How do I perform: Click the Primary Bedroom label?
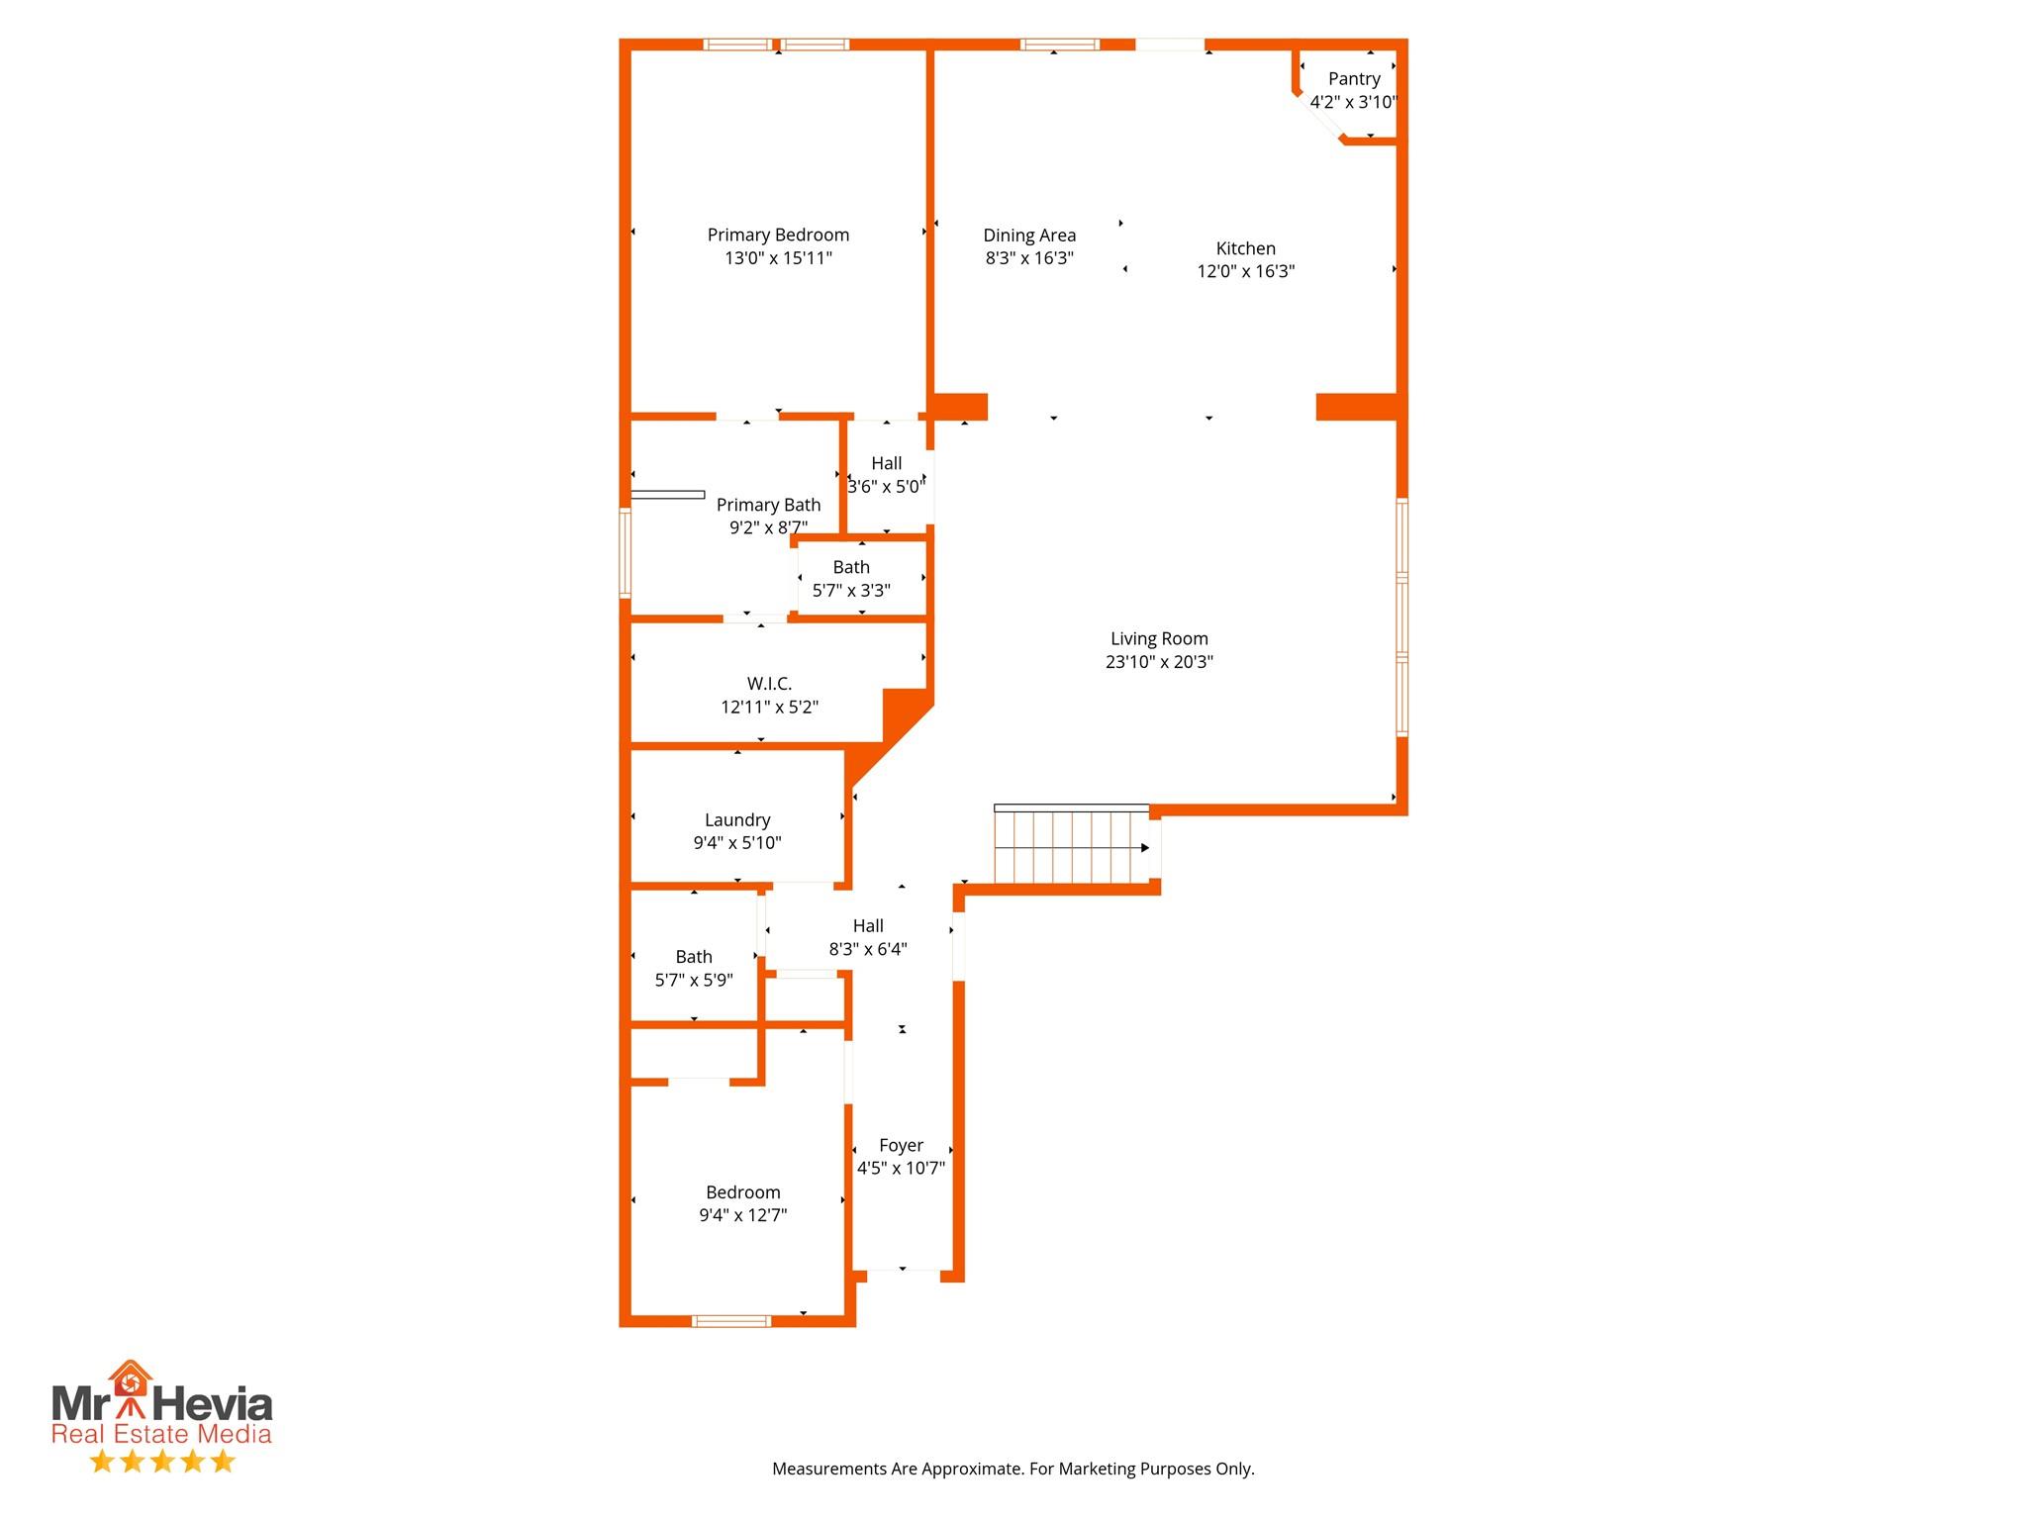tap(778, 236)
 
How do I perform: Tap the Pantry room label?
tap(1354, 79)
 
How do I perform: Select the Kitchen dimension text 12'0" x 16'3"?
tap(1245, 271)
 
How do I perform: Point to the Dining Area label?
tap(1029, 236)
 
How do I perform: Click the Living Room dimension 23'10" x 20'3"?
tap(1159, 662)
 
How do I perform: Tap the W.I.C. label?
tap(769, 684)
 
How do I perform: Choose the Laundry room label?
tap(737, 820)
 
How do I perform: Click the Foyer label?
tap(901, 1145)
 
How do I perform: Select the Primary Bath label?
tap(768, 505)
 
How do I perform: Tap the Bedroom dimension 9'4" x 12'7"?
tap(742, 1215)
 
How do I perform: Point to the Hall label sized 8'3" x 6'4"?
tap(868, 926)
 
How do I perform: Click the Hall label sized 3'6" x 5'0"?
tap(887, 463)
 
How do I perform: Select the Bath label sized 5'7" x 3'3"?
tap(851, 567)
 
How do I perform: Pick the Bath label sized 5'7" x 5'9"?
tap(694, 957)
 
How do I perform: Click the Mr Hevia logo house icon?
tap(131, 1377)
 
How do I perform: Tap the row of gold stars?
tap(162, 1462)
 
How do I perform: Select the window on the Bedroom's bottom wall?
tap(730, 1321)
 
